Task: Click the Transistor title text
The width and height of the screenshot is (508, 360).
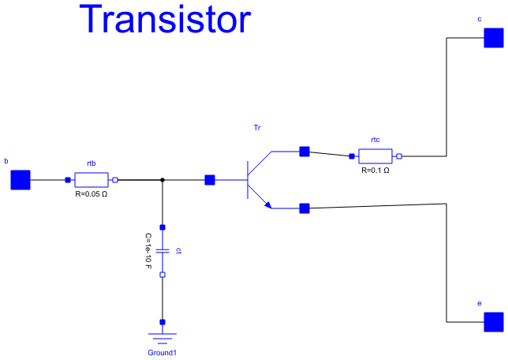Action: pos(166,19)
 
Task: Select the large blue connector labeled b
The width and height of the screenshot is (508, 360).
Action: pos(21,180)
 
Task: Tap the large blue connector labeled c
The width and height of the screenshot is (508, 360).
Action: pos(493,37)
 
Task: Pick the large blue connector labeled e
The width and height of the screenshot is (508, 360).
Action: pos(493,322)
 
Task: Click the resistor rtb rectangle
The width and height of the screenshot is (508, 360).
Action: pos(92,180)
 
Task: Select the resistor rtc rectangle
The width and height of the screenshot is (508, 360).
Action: pos(375,156)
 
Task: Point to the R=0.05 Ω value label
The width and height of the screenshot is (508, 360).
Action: pos(91,193)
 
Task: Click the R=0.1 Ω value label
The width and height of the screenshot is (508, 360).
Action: pos(375,170)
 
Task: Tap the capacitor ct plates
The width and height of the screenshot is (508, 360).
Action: pos(162,251)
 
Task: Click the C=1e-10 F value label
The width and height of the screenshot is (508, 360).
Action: pos(148,251)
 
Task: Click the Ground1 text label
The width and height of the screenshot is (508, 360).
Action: pos(162,352)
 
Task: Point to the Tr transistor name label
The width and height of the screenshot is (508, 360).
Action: pos(257,127)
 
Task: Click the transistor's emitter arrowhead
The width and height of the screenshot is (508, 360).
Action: pos(268,206)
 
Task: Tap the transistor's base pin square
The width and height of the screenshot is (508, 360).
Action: pos(210,180)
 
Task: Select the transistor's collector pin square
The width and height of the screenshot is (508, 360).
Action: pos(304,152)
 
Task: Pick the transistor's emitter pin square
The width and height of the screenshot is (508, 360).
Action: pos(304,208)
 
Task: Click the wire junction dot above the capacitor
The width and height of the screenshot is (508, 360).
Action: pos(162,180)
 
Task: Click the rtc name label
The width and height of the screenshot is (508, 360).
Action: pos(375,140)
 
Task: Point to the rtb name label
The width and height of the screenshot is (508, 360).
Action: pos(92,163)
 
